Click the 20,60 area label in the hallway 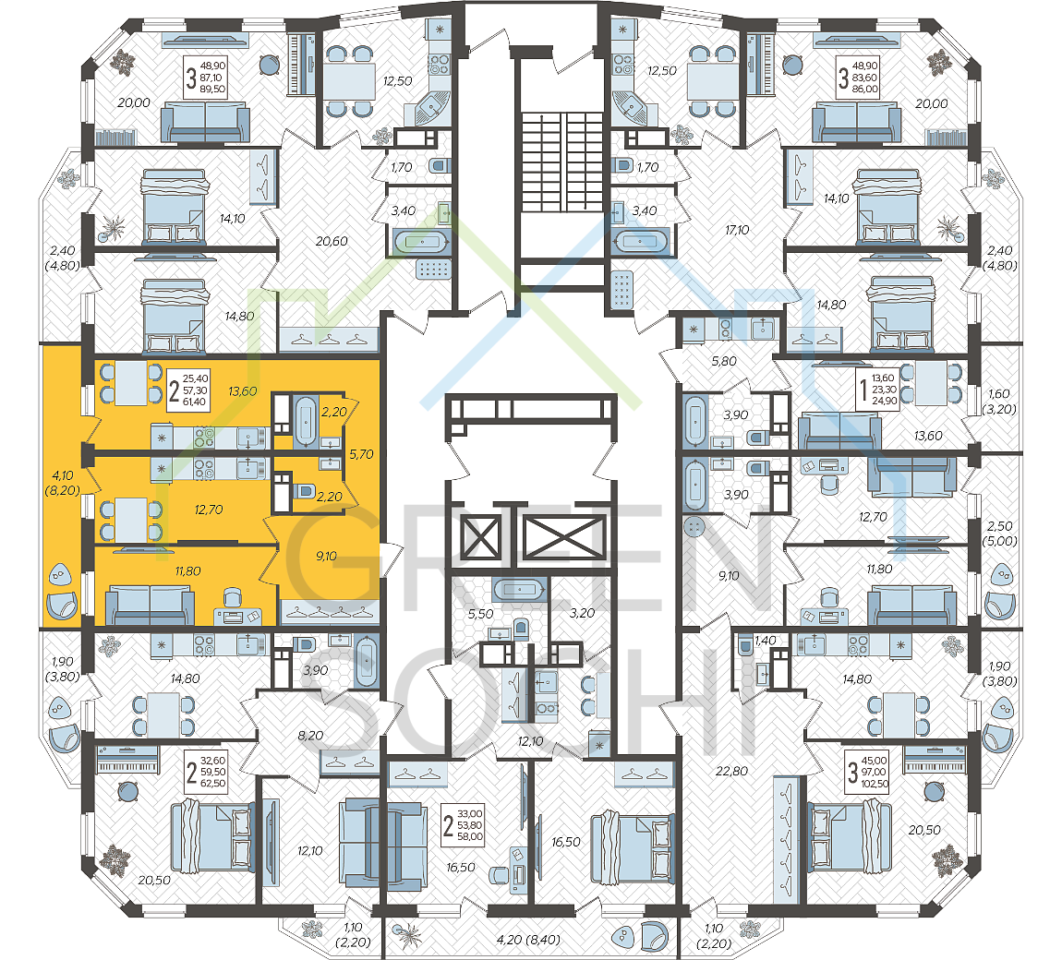pyautogui.click(x=332, y=241)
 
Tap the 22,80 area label pyautogui.click(x=732, y=771)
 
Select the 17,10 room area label pyautogui.click(x=737, y=230)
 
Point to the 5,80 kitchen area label pyautogui.click(x=724, y=362)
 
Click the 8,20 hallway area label pyautogui.click(x=311, y=736)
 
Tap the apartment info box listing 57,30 pyautogui.click(x=187, y=390)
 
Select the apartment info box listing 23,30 pyautogui.click(x=876, y=390)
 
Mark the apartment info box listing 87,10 pyautogui.click(x=205, y=78)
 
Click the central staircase pyautogui.click(x=562, y=162)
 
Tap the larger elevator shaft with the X pyautogui.click(x=564, y=537)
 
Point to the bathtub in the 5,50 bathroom pyautogui.click(x=519, y=591)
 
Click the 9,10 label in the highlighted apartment pyautogui.click(x=327, y=557)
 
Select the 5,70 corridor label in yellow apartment pyautogui.click(x=362, y=454)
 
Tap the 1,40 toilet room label pyautogui.click(x=766, y=641)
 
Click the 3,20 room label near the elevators pyautogui.click(x=582, y=613)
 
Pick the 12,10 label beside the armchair pyautogui.click(x=310, y=851)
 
